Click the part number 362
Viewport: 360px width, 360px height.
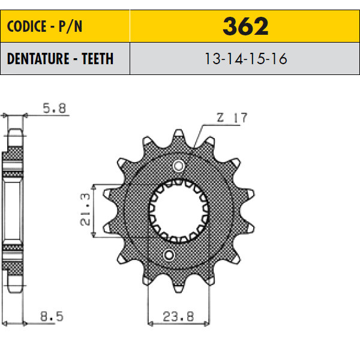pyautogui.click(x=245, y=26)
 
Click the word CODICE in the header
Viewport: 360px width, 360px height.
pyautogui.click(x=26, y=26)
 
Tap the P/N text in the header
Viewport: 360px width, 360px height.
pyautogui.click(x=70, y=26)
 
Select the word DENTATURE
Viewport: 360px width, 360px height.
pyautogui.click(x=38, y=59)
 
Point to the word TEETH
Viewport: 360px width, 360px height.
pyautogui.click(x=98, y=59)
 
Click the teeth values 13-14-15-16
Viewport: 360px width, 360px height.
pyautogui.click(x=245, y=59)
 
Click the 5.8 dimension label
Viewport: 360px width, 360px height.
pyautogui.click(x=55, y=108)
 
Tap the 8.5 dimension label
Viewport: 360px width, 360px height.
pyautogui.click(x=52, y=316)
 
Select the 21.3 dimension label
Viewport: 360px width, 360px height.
pyautogui.click(x=85, y=209)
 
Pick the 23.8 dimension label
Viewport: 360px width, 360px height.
pyautogui.click(x=178, y=317)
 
